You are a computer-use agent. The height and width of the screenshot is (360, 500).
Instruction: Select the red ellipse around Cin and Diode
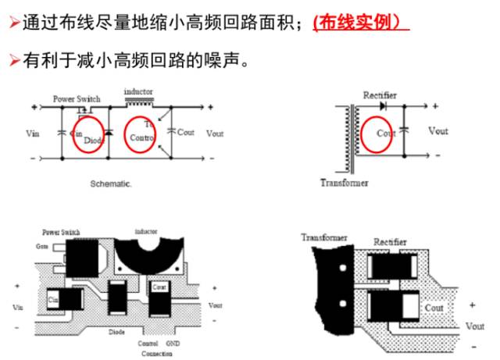(88, 132)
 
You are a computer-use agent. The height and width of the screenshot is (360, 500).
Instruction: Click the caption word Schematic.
(112, 186)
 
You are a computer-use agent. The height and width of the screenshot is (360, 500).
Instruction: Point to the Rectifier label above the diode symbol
(380, 95)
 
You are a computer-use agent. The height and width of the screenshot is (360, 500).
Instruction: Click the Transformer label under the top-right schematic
(344, 183)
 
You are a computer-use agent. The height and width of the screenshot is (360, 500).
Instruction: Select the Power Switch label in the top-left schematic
(76, 99)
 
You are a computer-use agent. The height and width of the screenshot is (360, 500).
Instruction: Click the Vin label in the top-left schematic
(32, 134)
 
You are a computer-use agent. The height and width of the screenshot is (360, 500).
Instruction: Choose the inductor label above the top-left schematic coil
(138, 91)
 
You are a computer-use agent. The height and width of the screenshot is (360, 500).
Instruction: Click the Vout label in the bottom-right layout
(474, 324)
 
